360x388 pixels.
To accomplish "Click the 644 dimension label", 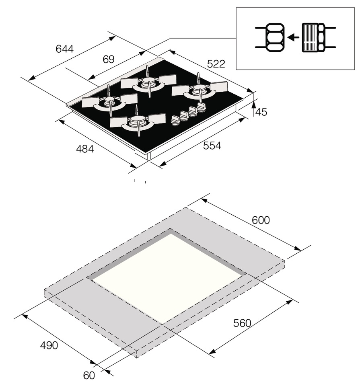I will tap(65, 49).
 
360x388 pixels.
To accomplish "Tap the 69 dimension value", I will tap(109, 60).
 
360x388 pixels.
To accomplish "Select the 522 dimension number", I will tap(216, 64).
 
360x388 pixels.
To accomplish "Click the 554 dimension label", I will tap(212, 146).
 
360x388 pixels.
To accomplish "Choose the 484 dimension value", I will tap(85, 148).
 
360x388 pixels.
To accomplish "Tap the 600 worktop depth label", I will tap(261, 220).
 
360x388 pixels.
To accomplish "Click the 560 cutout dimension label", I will tap(242, 323).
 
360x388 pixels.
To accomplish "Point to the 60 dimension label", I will tap(89, 376).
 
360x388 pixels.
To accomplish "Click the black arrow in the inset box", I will tap(293, 37).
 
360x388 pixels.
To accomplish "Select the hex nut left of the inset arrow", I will tap(275, 38).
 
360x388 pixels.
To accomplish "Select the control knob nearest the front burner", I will tap(175, 120).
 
